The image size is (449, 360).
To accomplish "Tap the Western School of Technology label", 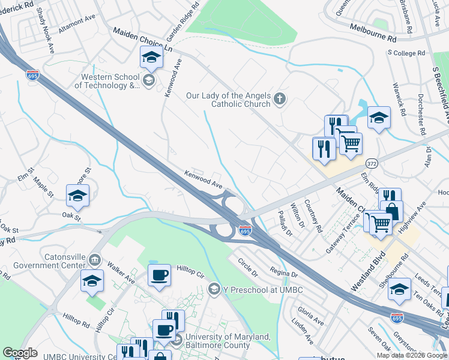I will (107, 81).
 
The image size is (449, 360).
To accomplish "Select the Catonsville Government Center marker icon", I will (95, 260).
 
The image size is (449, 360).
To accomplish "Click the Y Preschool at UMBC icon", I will (214, 290).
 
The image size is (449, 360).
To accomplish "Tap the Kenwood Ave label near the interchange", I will (203, 181).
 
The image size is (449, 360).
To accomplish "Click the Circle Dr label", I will (247, 268).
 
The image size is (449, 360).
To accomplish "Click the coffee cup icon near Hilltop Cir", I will (160, 276).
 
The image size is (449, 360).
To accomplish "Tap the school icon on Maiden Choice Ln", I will (151, 58).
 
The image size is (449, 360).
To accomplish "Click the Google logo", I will (20, 353).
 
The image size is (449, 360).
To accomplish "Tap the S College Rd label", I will (406, 53).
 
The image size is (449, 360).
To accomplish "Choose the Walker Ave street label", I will (120, 271).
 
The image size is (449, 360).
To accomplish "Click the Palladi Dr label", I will (285, 223).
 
